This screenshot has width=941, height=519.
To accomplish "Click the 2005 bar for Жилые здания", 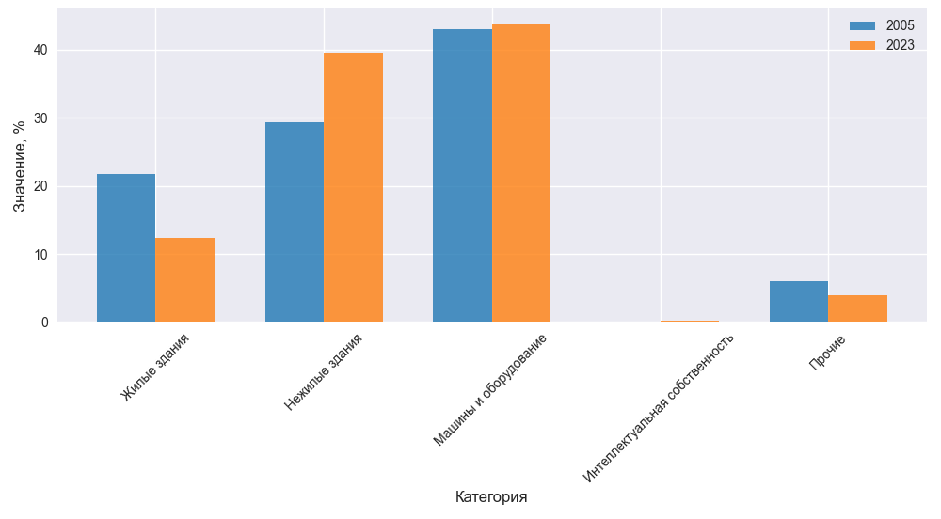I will tap(126, 248).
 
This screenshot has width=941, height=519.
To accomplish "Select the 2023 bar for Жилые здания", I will tap(184, 280).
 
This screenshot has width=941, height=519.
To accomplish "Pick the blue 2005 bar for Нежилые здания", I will tap(295, 222).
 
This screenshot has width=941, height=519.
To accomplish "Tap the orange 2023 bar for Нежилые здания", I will tap(353, 187).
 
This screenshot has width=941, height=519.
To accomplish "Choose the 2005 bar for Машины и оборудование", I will tap(462, 176).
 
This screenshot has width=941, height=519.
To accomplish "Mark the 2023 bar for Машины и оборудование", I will tap(520, 173).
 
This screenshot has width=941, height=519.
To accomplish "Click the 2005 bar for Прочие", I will tap(799, 302).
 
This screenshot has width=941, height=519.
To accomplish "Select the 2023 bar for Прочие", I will tap(857, 308).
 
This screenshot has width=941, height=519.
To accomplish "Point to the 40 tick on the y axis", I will tap(40, 50).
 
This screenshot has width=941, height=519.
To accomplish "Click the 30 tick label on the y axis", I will tap(40, 118).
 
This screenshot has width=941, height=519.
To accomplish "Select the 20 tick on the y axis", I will tap(40, 186).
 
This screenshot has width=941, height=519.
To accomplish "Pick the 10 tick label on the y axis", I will tap(40, 255).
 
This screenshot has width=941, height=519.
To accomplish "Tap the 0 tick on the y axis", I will tap(44, 322).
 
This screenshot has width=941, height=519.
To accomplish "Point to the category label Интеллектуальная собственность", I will tap(659, 407).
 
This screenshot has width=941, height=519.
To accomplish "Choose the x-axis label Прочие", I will tap(827, 352).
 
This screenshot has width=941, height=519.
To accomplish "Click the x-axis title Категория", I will tap(490, 496).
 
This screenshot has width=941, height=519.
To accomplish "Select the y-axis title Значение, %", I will tap(20, 165).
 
